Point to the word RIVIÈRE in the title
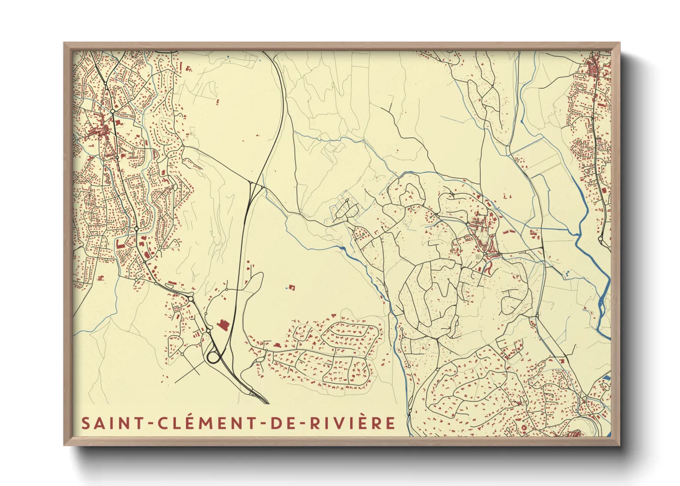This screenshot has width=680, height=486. click(x=352, y=423)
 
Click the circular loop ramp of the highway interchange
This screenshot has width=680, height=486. click(x=213, y=357)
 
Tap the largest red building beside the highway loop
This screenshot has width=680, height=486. click(x=223, y=325)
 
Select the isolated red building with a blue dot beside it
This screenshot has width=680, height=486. click(x=291, y=288)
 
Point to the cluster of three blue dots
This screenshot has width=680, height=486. click(x=566, y=274)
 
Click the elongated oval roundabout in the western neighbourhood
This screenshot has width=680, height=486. click(x=175, y=188)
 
